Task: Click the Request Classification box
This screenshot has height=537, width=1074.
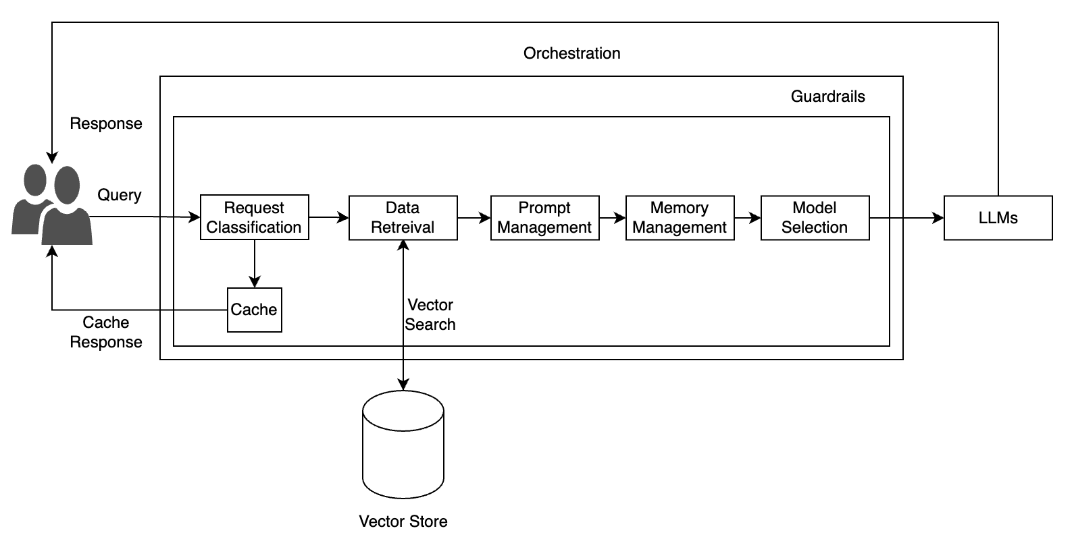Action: point(254,217)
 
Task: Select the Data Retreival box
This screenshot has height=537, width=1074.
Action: point(403,217)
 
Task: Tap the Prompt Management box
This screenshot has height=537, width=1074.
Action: point(544,217)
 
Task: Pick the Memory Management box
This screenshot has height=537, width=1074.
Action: point(680,217)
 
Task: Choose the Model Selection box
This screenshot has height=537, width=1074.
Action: point(815,217)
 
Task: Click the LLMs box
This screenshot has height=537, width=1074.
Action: point(998,217)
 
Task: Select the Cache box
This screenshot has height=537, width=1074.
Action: point(254,310)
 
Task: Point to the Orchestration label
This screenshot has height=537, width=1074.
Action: point(571,53)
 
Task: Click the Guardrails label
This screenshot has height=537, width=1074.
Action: point(827,96)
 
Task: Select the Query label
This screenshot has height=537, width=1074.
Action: point(120,195)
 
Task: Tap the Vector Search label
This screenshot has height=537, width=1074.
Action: point(430,314)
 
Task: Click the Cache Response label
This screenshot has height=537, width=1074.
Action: point(106,332)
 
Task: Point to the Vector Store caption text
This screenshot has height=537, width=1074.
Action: point(403,521)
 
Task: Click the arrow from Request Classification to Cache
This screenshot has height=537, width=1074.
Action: point(254,263)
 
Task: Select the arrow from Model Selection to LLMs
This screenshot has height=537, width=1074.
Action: point(906,217)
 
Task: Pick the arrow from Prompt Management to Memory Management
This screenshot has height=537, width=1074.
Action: point(612,217)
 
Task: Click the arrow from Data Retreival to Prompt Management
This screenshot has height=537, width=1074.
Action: point(474,217)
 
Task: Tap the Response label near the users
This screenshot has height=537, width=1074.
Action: point(106,123)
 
